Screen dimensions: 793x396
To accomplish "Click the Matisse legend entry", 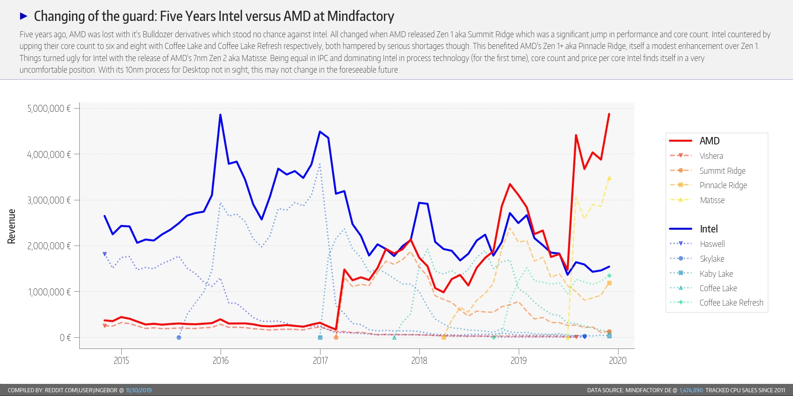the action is click(x=712, y=200).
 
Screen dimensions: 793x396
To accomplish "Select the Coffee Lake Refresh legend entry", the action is click(x=731, y=303).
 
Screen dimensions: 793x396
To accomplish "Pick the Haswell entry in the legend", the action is click(x=712, y=244).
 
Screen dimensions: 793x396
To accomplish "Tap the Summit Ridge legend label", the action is click(x=722, y=171).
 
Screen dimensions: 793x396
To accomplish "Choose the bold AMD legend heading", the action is click(x=710, y=141).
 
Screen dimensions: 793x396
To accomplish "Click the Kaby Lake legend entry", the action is click(x=716, y=273).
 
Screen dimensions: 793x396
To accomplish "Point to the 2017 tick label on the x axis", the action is click(x=320, y=360).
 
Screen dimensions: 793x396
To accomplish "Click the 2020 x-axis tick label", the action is click(x=618, y=360).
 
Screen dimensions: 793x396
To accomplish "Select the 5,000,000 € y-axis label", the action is click(x=49, y=108).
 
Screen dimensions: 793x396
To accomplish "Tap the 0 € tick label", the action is click(x=65, y=338).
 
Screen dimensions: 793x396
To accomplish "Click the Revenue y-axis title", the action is click(x=11, y=226).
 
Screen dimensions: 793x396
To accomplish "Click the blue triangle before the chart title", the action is click(x=24, y=16).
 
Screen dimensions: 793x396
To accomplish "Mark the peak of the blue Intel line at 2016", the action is click(x=220, y=115).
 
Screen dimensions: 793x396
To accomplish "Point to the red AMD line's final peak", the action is click(x=609, y=114).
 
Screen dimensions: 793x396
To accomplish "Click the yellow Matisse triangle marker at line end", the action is click(x=609, y=178).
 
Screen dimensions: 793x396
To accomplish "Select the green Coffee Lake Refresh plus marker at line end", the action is click(x=609, y=276).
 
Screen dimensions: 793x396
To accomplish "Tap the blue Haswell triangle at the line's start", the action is click(x=104, y=254).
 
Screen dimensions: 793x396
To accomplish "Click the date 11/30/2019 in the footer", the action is click(x=139, y=390).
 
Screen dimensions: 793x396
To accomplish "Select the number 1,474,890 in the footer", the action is click(x=691, y=390).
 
